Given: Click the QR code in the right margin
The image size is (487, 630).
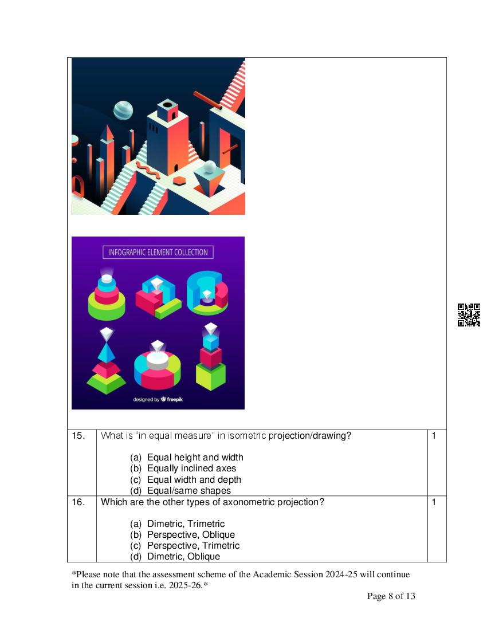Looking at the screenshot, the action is tap(469, 314).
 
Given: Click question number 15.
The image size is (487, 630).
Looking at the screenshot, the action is tap(78, 435).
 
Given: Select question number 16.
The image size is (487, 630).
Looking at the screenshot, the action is tap(78, 502).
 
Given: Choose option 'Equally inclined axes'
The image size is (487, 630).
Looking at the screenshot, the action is tap(192, 468).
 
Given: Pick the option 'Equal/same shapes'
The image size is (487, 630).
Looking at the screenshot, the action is tap(189, 491).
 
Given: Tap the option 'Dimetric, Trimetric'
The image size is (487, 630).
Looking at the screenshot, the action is tap(186, 524).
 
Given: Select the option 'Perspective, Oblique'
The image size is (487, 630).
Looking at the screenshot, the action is tap(191, 535).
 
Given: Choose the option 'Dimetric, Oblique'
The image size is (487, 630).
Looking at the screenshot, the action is tap(184, 557).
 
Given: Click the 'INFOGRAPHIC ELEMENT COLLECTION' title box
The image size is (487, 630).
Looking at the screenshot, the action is tap(158, 253).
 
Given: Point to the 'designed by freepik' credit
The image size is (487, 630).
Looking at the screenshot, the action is tap(158, 399).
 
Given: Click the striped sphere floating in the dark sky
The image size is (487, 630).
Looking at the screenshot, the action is tap(123, 111).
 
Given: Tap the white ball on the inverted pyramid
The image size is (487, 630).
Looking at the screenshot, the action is tap(210, 167).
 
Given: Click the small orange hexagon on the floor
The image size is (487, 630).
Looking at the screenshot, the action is tap(179, 180).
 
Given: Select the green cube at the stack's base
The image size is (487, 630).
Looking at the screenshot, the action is tap(210, 376).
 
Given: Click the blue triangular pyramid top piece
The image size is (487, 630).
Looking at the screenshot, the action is tap(106, 352).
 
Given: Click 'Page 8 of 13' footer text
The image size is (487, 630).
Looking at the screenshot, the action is tap(391, 596).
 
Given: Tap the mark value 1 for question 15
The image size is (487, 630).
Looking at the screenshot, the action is tap(434, 435).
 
